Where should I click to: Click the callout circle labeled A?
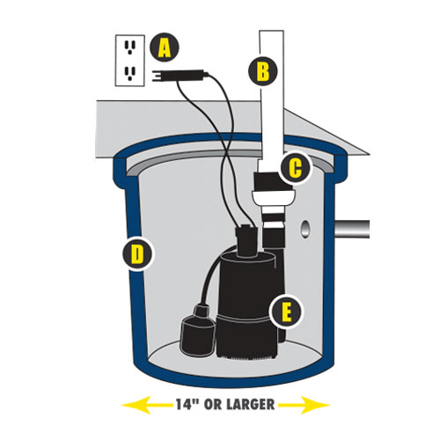(x=165, y=48)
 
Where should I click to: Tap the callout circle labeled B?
(x=262, y=70)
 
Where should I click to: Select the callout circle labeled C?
(x=295, y=168)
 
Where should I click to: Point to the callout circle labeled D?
(x=137, y=254)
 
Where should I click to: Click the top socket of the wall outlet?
(x=130, y=48)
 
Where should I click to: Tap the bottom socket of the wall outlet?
(x=130, y=74)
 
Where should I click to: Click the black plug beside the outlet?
(x=180, y=76)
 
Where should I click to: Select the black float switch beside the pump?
(x=198, y=332)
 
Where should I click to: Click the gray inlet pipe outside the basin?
(x=352, y=229)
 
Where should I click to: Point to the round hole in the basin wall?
(x=305, y=229)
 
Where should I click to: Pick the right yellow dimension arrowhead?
(x=315, y=405)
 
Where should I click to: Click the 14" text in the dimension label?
(x=187, y=405)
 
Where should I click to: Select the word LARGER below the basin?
(x=251, y=405)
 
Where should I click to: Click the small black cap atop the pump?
(x=247, y=240)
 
